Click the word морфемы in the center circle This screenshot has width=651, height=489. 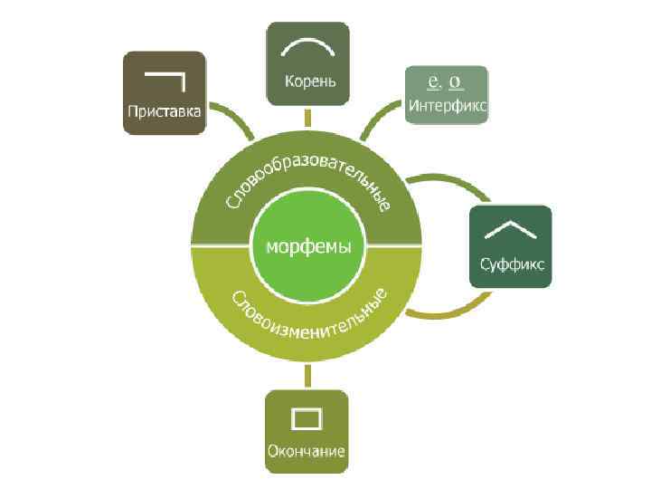point(307,245)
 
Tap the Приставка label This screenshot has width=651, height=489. point(164,112)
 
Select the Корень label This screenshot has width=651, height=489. point(309,81)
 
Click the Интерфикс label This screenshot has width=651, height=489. point(447,106)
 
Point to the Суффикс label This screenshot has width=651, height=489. point(510,267)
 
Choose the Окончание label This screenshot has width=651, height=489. point(306,450)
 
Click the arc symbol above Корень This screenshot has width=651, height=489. point(307,47)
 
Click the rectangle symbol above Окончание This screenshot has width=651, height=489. point(306,418)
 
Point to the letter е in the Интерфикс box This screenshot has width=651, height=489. point(434,81)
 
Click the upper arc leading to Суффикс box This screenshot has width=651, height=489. point(452,180)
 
